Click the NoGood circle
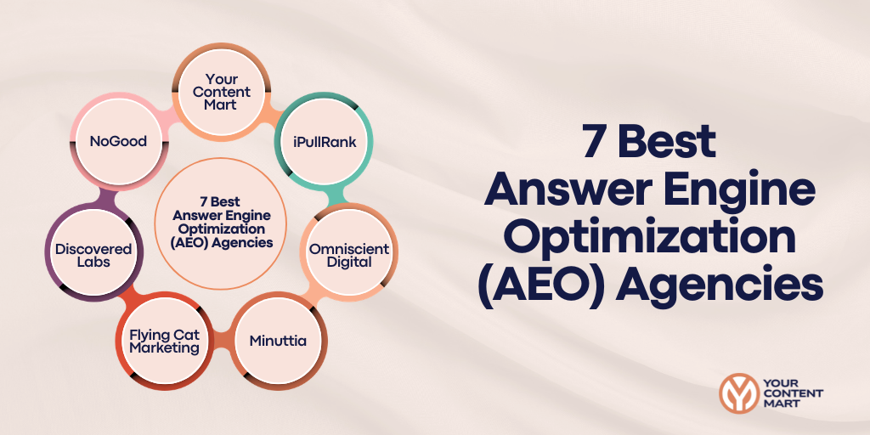118,141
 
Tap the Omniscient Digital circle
348,255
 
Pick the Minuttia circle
278,341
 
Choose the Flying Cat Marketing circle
164,341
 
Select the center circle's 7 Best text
220,202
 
